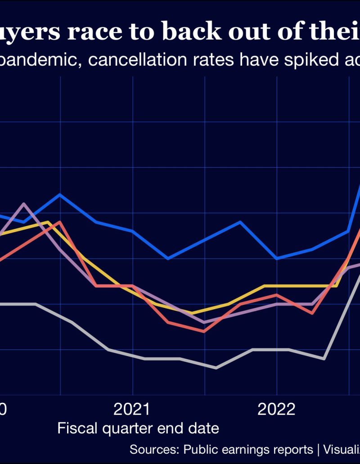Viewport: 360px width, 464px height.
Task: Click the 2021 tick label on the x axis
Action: tap(132, 409)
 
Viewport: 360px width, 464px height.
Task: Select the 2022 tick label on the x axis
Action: tap(276, 409)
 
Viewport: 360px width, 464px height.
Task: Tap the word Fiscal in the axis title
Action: tap(78, 428)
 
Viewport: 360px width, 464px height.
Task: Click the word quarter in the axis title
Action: tap(127, 428)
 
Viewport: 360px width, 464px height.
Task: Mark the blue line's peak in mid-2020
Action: tap(60, 194)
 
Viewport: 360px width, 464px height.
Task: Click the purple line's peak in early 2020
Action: tap(24, 204)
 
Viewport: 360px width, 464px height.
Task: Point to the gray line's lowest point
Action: tap(216, 368)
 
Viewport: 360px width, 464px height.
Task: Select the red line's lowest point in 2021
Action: tap(204, 331)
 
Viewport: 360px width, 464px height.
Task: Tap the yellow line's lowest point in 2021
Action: tap(192, 313)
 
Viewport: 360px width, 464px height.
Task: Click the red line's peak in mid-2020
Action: tap(60, 222)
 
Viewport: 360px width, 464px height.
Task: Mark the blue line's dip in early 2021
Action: tap(168, 259)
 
